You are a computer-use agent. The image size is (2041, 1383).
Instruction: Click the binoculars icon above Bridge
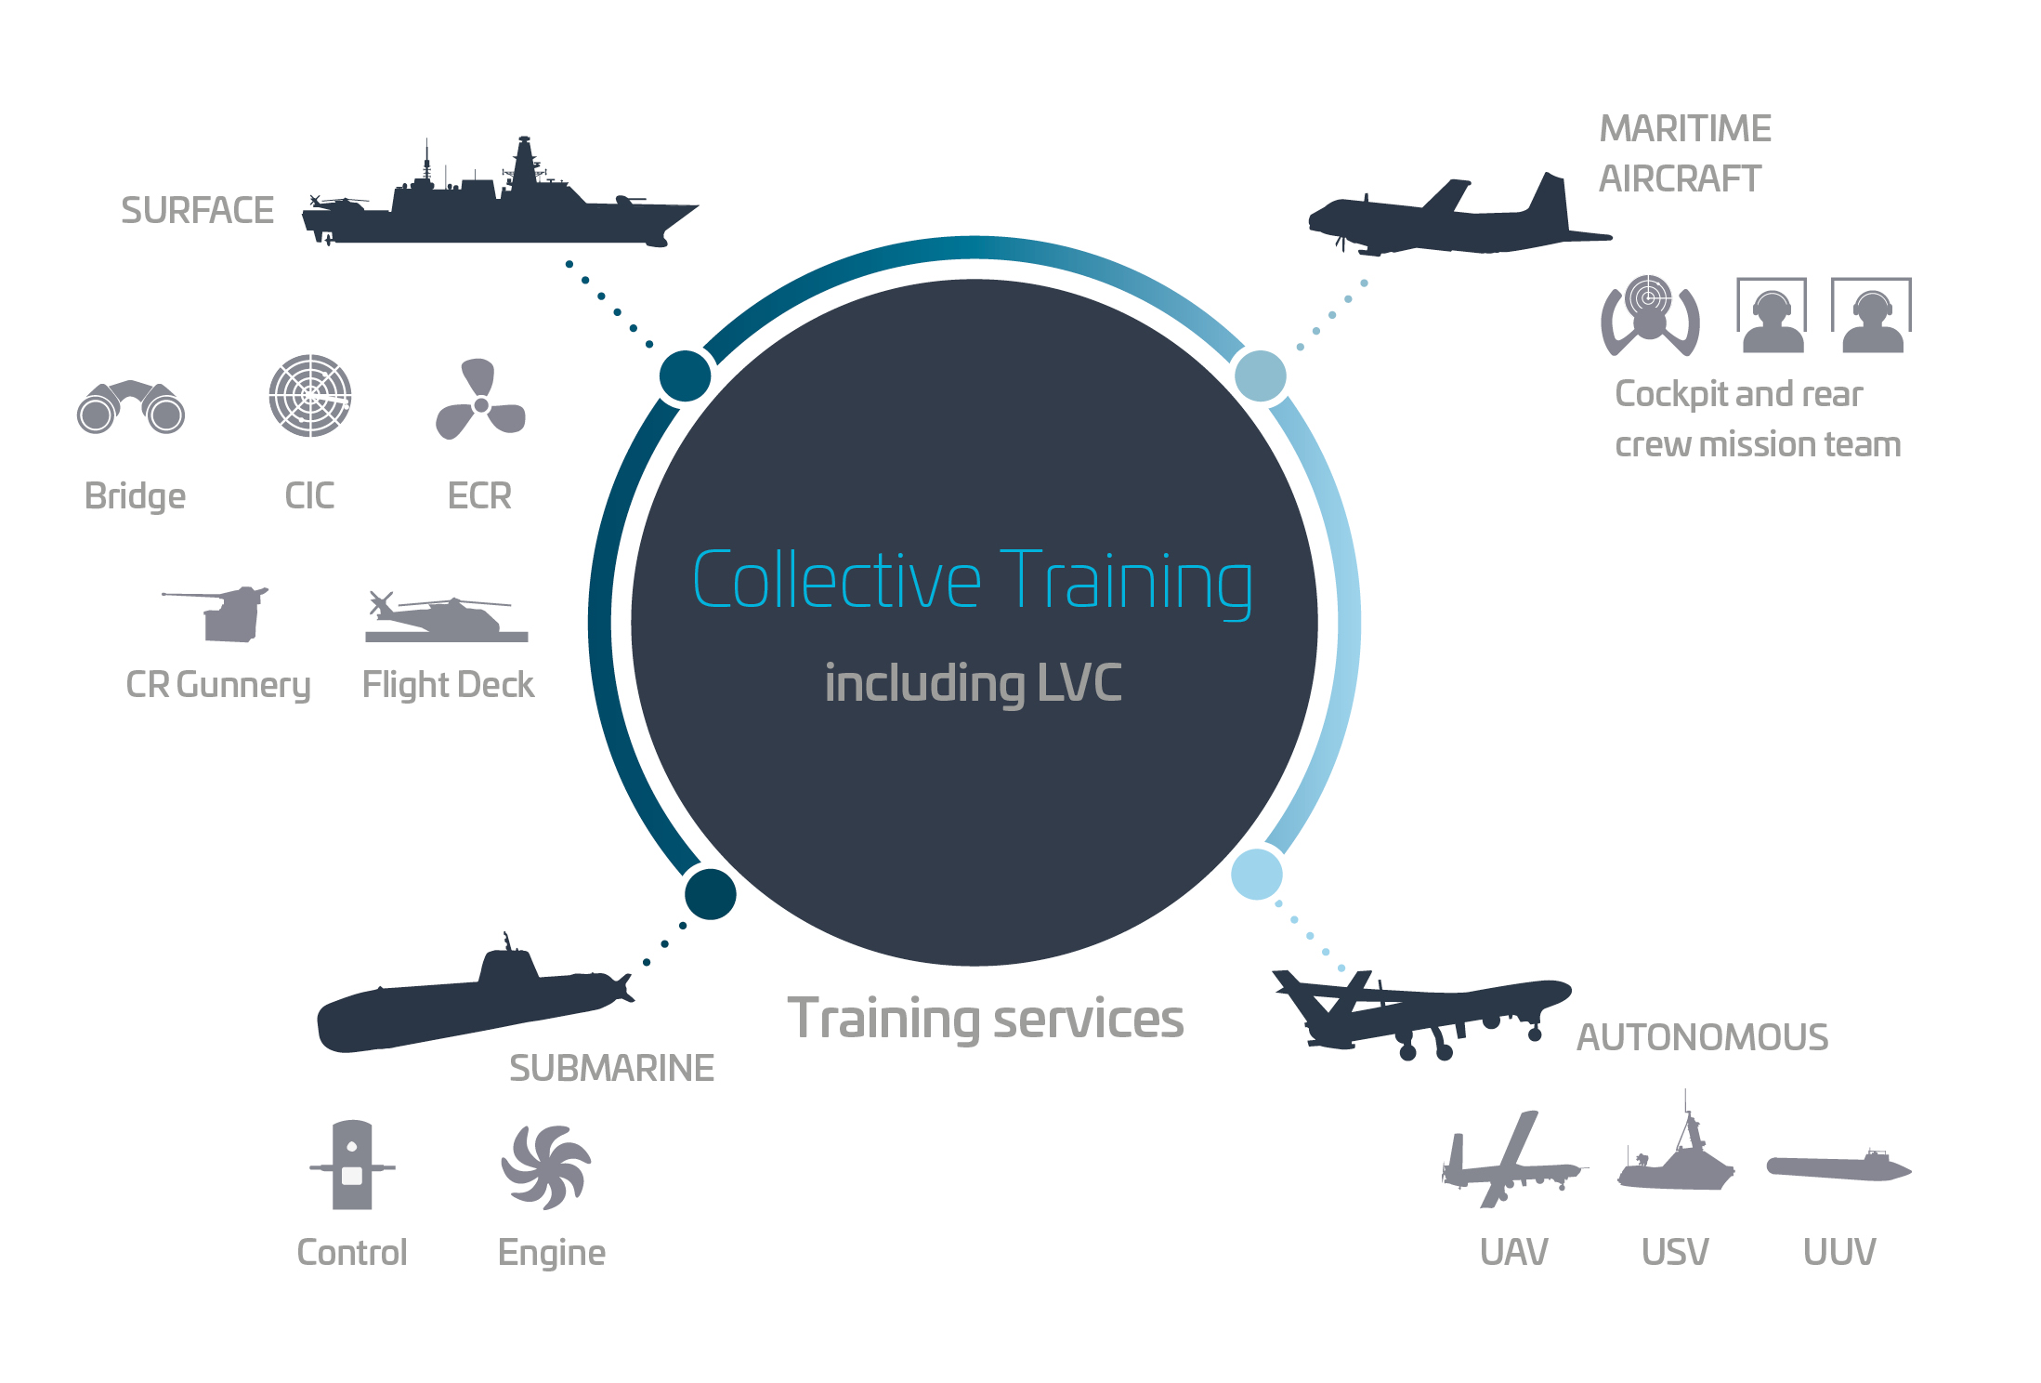(131, 407)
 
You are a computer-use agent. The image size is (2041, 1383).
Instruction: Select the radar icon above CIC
(310, 395)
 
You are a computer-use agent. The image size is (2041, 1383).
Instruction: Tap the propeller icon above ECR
(480, 400)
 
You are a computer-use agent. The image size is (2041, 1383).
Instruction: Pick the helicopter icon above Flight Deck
(447, 616)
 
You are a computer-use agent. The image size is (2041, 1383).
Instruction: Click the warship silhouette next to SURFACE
(499, 200)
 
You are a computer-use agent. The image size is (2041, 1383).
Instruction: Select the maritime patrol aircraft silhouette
(1459, 218)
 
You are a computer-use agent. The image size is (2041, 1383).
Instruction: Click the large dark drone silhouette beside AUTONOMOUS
(1421, 1015)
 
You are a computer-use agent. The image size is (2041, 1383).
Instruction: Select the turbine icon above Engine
(546, 1167)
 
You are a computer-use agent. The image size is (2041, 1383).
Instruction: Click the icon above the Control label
(352, 1166)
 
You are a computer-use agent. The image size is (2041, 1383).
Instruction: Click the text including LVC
(973, 683)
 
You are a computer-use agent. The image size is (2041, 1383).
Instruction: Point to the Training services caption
(986, 1019)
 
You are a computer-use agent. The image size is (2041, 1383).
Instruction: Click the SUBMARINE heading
(612, 1069)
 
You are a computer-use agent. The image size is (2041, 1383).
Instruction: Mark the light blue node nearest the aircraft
(1261, 376)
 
